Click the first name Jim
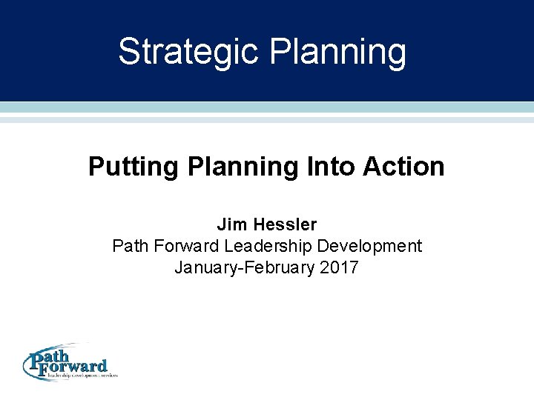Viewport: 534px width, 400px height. [230, 224]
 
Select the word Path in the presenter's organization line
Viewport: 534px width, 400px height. [128, 246]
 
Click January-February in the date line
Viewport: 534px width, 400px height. [245, 267]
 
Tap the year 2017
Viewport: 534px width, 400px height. [340, 267]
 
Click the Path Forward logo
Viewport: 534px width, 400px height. [68, 364]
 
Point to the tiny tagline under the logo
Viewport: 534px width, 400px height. [82, 376]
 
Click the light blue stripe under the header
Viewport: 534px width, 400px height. [267, 107]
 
